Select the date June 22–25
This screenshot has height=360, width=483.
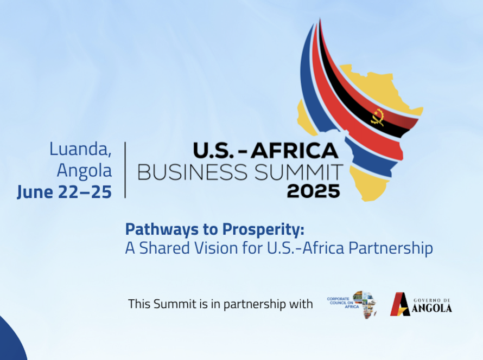pos(64,192)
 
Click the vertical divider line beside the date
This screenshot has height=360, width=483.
pos(125,170)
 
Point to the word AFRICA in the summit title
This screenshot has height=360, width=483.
pos(295,151)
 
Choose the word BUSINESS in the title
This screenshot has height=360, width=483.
pos(192,172)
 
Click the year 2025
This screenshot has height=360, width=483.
pos(314,191)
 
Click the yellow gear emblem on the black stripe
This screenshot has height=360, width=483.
pos(378,117)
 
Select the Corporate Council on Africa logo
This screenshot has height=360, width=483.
pos(352,304)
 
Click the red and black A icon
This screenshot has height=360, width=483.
pos(400,304)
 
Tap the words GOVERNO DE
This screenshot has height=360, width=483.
pos(432,300)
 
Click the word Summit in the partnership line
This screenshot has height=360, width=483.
pos(175,304)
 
